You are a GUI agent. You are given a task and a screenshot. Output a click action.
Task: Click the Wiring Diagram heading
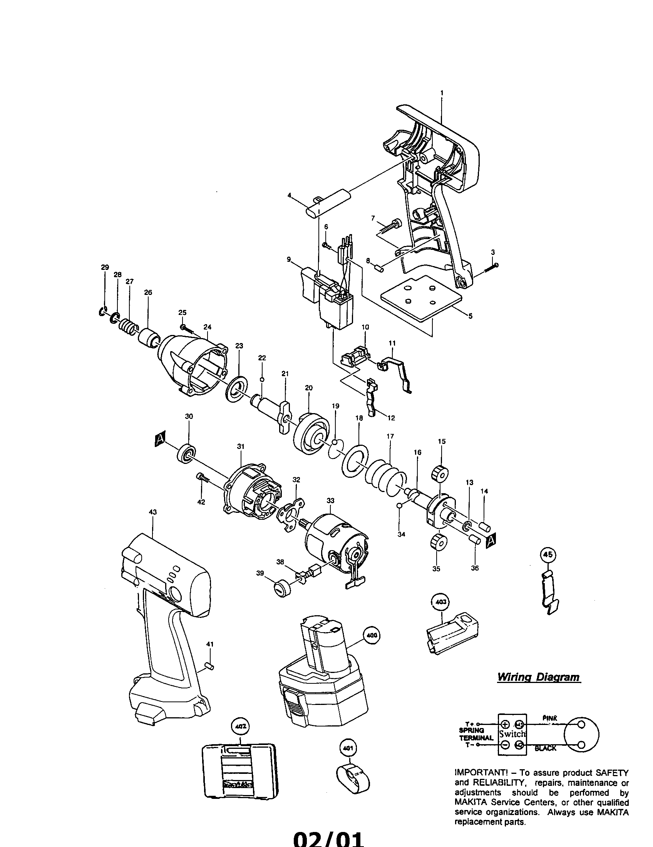coord(539,677)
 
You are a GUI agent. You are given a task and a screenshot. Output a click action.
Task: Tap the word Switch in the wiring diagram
coord(512,734)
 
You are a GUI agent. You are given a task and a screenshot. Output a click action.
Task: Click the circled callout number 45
coord(548,555)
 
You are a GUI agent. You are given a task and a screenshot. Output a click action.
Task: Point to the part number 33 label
coord(330,500)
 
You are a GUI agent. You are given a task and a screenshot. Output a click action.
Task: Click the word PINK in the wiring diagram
coord(550,718)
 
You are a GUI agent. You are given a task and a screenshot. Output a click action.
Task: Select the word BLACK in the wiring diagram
coord(545,748)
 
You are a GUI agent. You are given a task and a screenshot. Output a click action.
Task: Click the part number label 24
coord(207,327)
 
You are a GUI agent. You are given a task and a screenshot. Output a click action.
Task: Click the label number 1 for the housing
coord(442,93)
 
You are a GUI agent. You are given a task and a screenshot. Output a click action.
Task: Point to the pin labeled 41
coord(210,666)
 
